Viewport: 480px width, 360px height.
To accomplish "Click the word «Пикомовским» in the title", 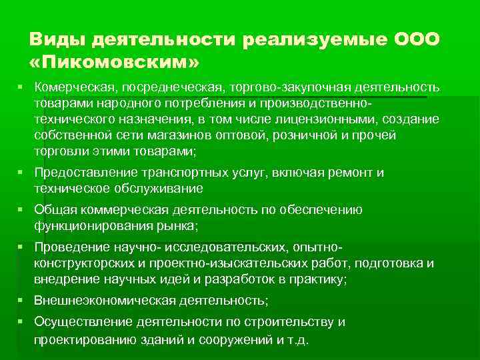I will [114, 63].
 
